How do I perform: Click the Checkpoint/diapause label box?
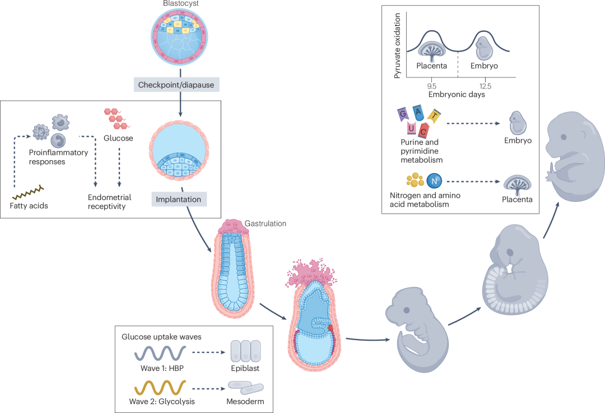[176, 85]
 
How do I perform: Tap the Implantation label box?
[179, 199]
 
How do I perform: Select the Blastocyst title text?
[180, 3]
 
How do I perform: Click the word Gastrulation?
[266, 224]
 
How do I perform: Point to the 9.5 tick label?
[432, 86]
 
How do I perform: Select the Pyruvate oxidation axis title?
[397, 46]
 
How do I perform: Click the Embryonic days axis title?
[457, 95]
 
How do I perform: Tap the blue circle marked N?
[435, 180]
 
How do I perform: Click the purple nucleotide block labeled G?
[403, 114]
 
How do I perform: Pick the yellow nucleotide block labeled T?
[434, 116]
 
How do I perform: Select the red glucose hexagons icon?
[117, 118]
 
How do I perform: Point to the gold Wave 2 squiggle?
[160, 388]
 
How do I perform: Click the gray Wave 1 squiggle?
[160, 354]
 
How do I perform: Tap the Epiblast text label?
[245, 368]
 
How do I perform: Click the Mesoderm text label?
[245, 401]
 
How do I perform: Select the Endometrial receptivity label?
[110, 202]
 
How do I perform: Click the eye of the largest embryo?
[564, 137]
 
